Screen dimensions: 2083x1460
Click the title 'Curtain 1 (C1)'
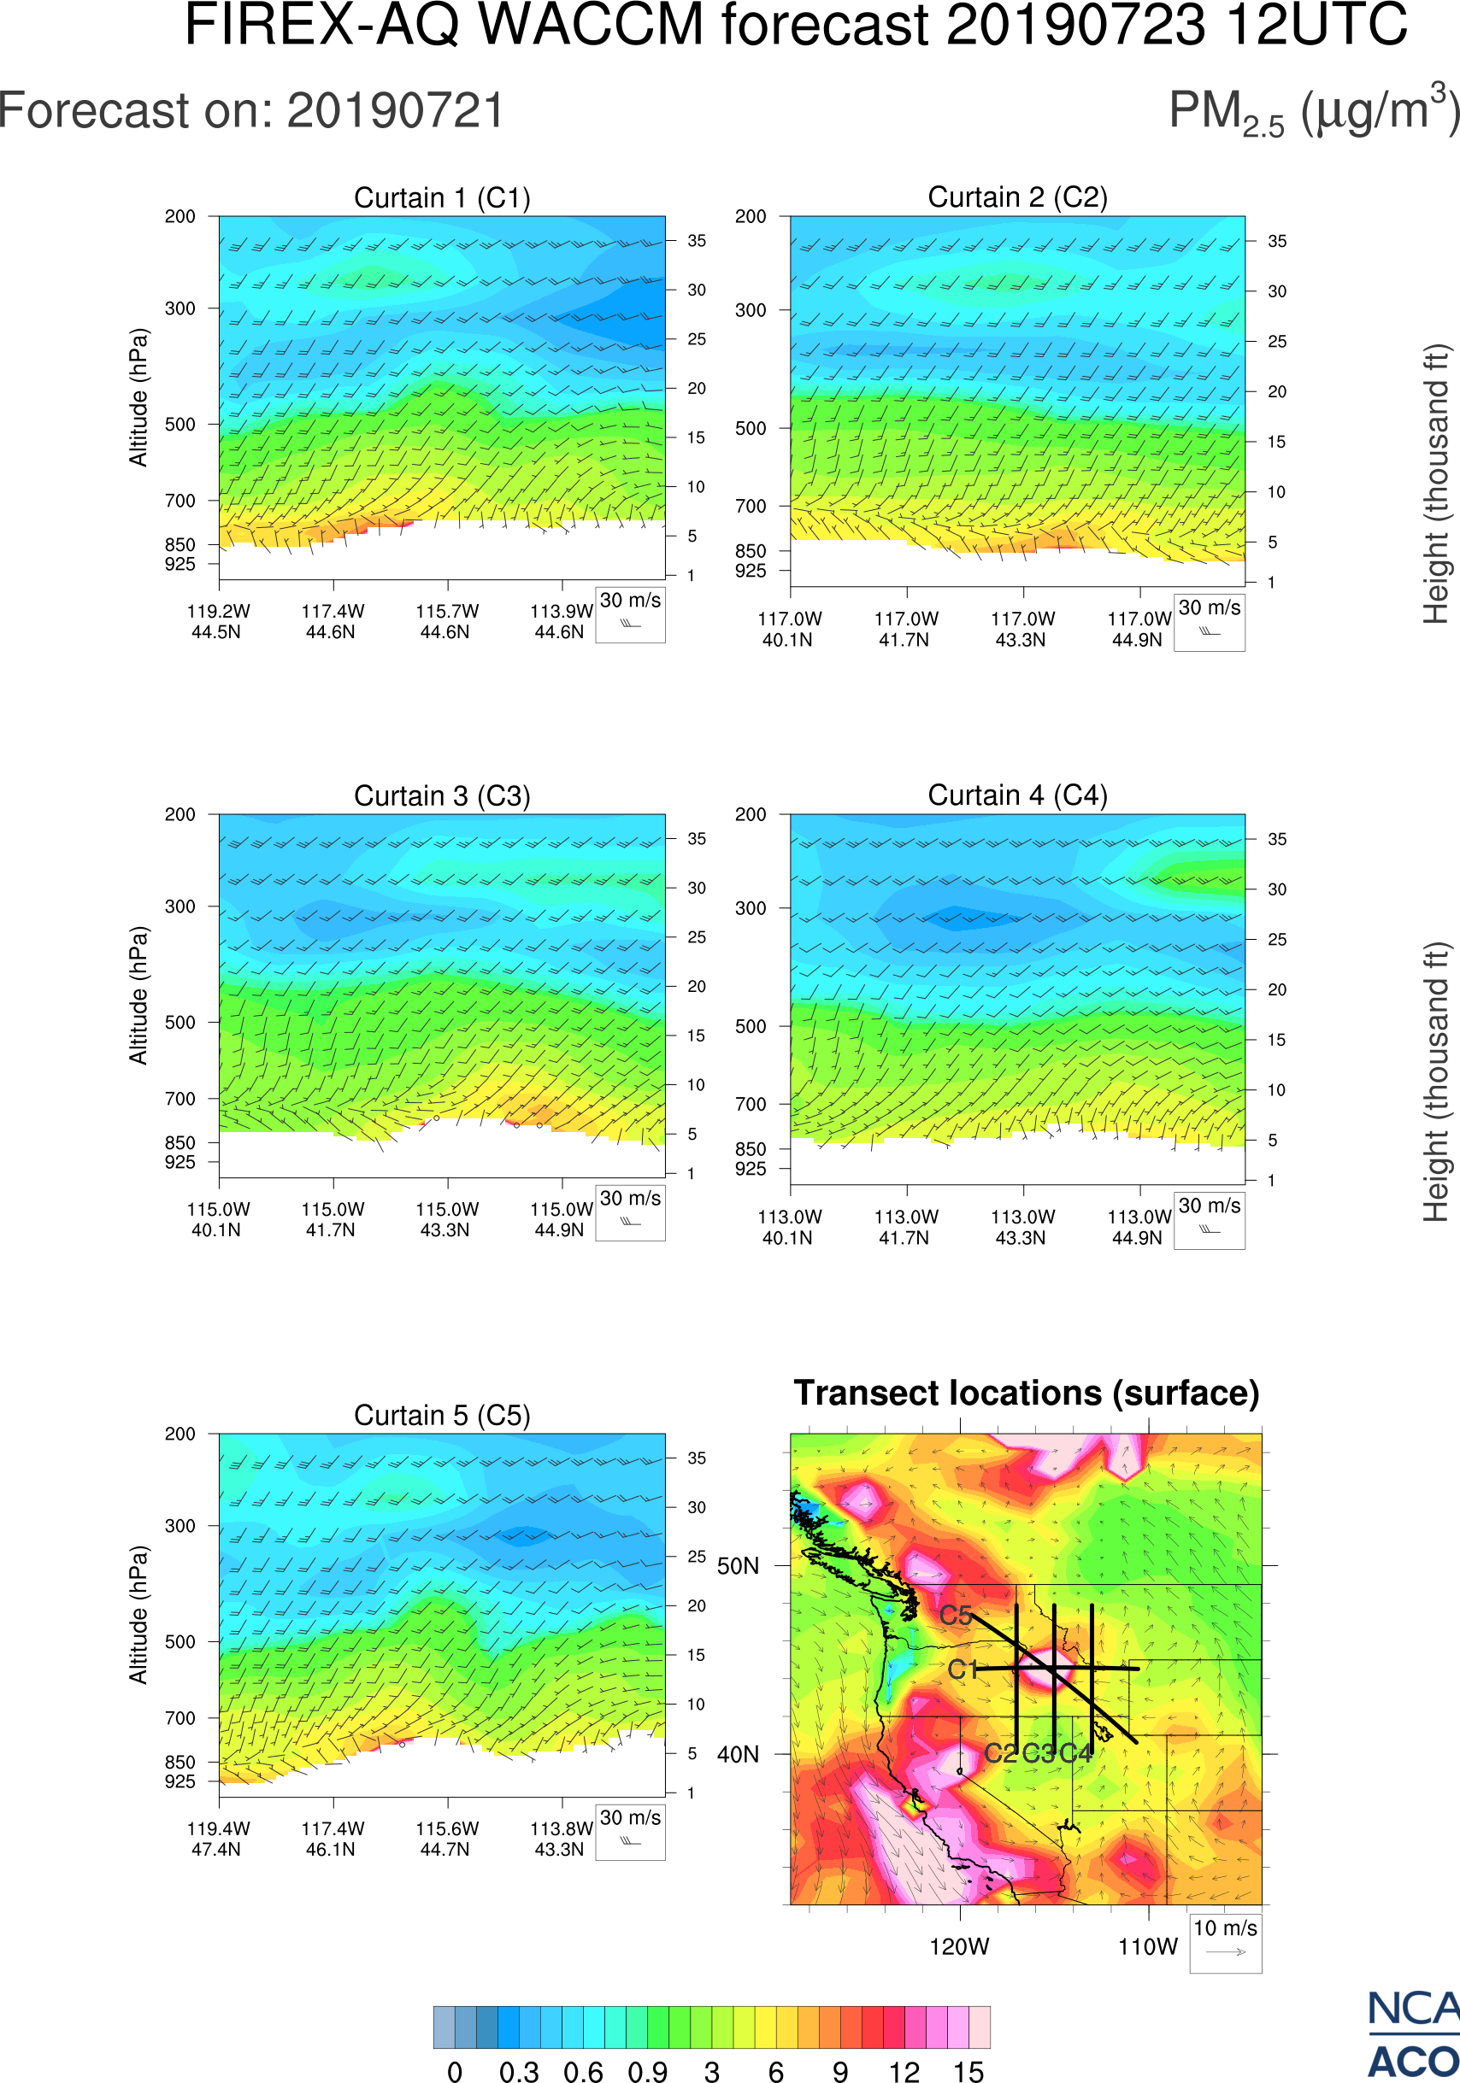click(x=442, y=197)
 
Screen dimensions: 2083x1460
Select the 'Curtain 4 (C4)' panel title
click(x=1017, y=795)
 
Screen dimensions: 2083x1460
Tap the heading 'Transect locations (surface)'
click(x=1027, y=1394)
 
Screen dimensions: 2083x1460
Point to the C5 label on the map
click(x=956, y=1616)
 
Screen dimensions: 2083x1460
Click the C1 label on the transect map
click(x=963, y=1670)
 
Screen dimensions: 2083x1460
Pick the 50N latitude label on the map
click(x=738, y=1567)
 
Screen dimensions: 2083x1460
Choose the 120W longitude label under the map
click(x=959, y=1947)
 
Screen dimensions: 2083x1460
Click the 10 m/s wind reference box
click(x=1225, y=1942)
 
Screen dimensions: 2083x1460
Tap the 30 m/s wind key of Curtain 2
click(x=1209, y=622)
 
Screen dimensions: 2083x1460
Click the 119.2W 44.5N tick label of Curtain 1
click(x=218, y=621)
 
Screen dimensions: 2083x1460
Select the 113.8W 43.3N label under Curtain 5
click(x=561, y=1839)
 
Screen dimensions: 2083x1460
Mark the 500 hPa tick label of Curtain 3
click(x=180, y=1023)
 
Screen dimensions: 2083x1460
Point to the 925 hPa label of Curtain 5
click(x=180, y=1781)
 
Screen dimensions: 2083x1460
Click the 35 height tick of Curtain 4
click(x=1277, y=839)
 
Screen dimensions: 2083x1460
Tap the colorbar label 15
click(x=968, y=2071)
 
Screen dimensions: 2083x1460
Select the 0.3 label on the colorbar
click(x=519, y=2071)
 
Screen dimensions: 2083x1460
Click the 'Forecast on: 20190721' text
click(x=251, y=112)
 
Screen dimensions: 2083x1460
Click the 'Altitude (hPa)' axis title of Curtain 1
click(x=138, y=397)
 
